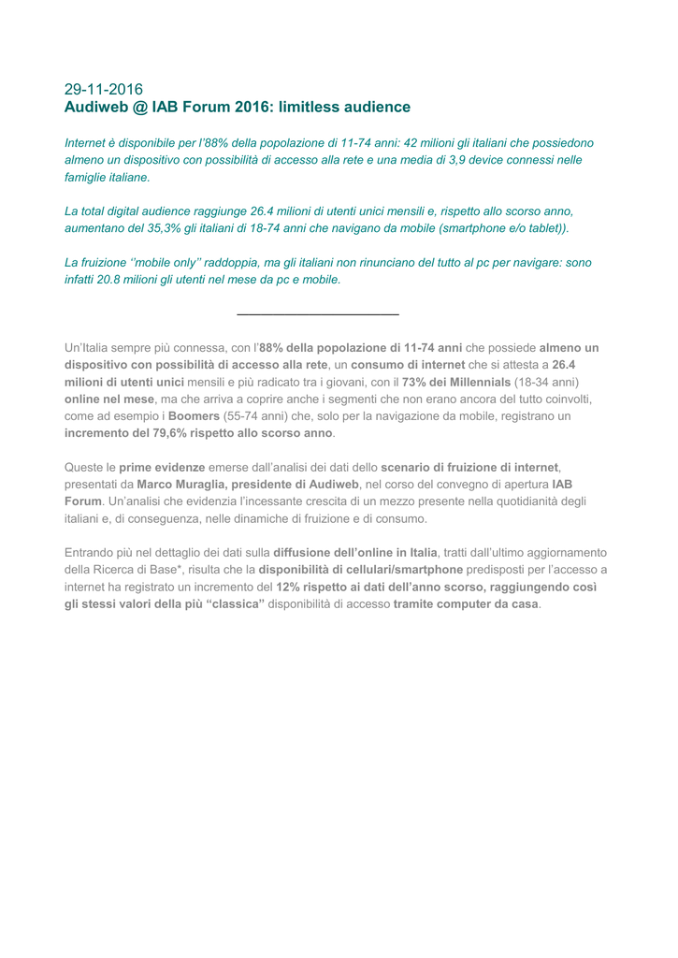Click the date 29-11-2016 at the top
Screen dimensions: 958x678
coord(104,90)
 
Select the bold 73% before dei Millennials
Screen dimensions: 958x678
coord(414,382)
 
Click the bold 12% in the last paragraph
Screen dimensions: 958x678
coord(289,587)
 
